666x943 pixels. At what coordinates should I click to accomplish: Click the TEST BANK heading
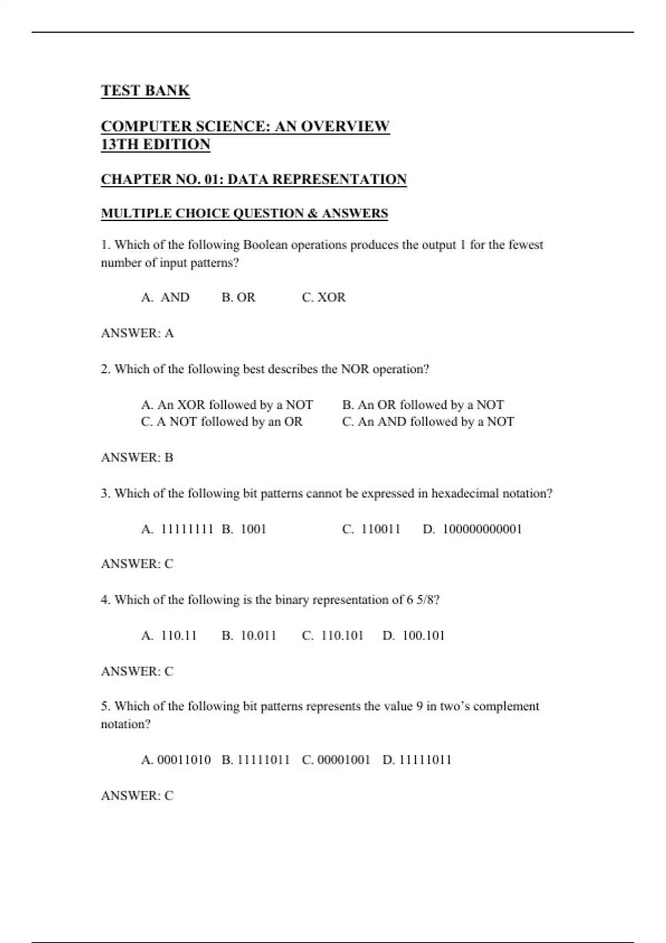pos(145,90)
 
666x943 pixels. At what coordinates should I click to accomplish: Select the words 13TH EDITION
pos(155,144)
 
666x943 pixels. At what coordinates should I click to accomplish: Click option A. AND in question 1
pos(165,297)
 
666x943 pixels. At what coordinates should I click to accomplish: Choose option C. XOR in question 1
pos(324,297)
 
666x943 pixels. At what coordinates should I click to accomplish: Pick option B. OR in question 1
pos(239,297)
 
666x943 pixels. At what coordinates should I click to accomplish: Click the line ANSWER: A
pos(137,333)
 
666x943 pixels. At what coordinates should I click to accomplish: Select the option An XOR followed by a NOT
pos(227,404)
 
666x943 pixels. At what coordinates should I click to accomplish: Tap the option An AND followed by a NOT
pos(428,422)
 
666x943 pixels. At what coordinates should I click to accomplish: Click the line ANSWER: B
pos(137,458)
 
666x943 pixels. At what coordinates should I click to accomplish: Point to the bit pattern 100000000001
pos(482,529)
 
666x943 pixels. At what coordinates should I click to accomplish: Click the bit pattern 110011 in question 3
pos(381,529)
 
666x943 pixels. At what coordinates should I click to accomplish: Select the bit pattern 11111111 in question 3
pos(187,529)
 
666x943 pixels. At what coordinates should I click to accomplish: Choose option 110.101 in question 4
pos(342,636)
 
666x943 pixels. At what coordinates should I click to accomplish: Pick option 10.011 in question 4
pos(258,636)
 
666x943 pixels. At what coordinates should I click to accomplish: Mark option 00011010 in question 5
pos(184,760)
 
